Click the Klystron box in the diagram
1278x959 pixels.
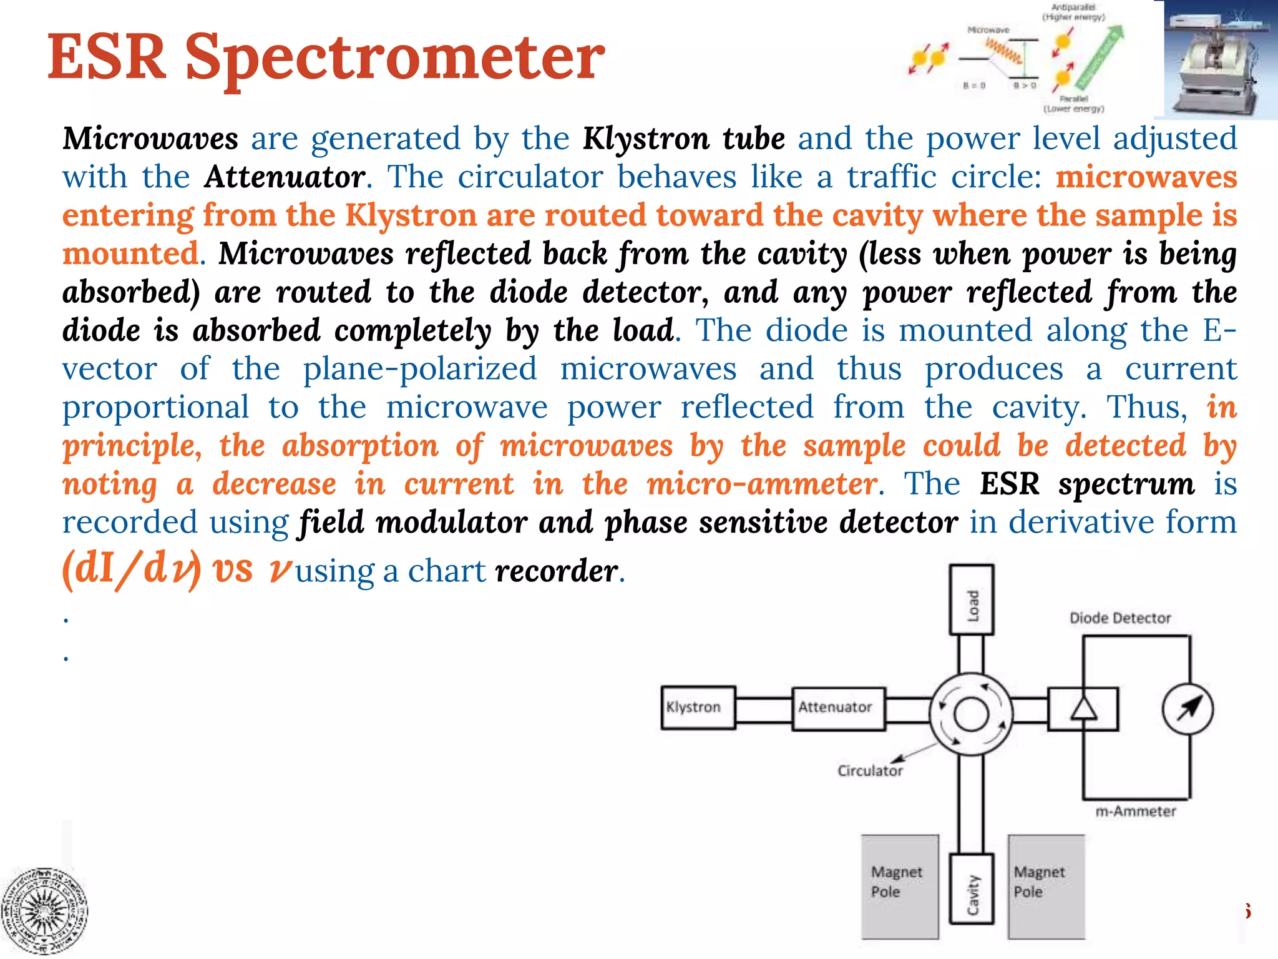(698, 707)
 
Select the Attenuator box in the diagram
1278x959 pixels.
(838, 708)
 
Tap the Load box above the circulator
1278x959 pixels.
(971, 599)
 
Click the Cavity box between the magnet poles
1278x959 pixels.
(971, 889)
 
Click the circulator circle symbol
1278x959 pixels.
(971, 714)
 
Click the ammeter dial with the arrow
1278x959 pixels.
(1188, 709)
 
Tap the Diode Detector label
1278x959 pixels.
(1119, 618)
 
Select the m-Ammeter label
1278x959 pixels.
(1135, 811)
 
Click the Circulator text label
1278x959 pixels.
(870, 771)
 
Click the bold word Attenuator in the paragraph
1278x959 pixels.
(285, 177)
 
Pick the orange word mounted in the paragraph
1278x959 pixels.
(130, 253)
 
